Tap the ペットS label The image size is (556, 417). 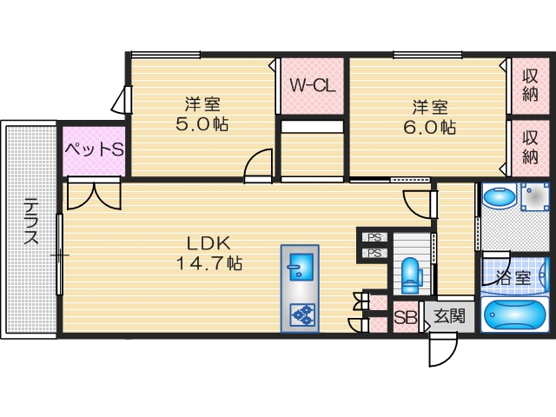point(94,149)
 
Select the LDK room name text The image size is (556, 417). point(210,242)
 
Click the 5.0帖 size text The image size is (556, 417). point(202,124)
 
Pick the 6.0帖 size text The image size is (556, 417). point(429,127)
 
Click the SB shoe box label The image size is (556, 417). point(405,317)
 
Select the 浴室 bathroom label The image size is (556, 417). point(513,278)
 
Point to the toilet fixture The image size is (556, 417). point(412,275)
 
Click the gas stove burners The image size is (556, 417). point(301,314)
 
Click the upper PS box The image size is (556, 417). point(374,237)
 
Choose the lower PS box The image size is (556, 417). point(374,254)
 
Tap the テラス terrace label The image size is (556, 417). point(30,222)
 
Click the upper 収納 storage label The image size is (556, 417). point(530,84)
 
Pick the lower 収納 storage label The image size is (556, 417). point(530,146)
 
